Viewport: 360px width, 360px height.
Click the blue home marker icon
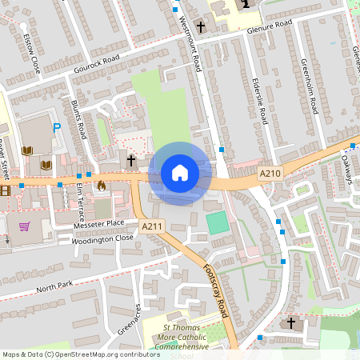(180, 173)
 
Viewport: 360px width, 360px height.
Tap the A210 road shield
(271, 173)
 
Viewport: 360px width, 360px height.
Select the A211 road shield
(150, 228)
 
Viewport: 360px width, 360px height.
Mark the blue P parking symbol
(56, 127)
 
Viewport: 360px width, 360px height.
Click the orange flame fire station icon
(101, 186)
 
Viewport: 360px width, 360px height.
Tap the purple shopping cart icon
(25, 226)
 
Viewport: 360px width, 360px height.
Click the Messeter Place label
(98, 223)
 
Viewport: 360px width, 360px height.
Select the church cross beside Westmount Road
(201, 27)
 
